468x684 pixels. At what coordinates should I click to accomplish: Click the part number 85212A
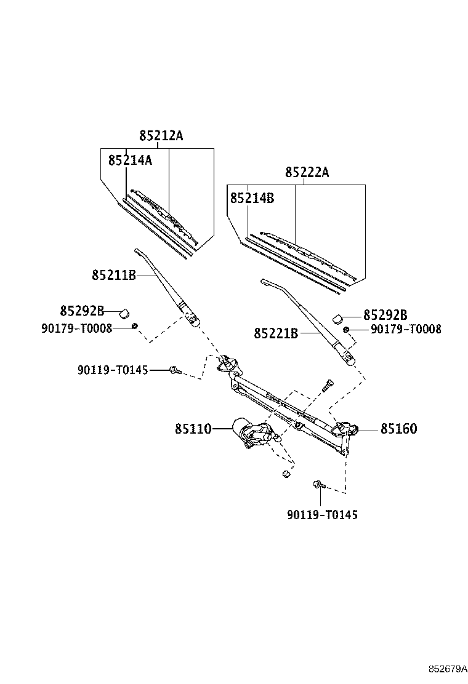pos(161,136)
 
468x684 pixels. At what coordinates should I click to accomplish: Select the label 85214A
pos(130,160)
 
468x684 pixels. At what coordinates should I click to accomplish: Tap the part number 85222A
pos(307,173)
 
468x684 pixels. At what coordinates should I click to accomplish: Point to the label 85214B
pos(252,198)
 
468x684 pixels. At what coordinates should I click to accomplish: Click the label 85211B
pos(114,276)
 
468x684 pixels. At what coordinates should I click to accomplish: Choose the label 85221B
pos(276,333)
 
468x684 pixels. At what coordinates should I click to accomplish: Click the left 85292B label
pos(82,311)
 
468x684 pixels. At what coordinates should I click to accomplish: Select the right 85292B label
pos(385,315)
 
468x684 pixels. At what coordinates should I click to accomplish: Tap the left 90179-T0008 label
pos(77,328)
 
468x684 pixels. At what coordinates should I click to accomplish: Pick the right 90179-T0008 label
pos(406,330)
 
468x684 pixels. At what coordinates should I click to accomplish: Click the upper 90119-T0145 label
pos(113,370)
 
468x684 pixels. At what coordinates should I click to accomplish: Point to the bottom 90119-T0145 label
pos(322,514)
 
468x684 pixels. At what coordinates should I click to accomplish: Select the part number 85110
pos(193,429)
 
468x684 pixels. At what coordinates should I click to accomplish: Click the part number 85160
pos(398,429)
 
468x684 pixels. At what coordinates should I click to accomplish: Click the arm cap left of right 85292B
pos(337,317)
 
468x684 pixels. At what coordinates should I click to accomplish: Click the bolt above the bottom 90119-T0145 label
pos(318,485)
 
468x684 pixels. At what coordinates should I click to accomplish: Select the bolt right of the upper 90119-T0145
pos(174,370)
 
